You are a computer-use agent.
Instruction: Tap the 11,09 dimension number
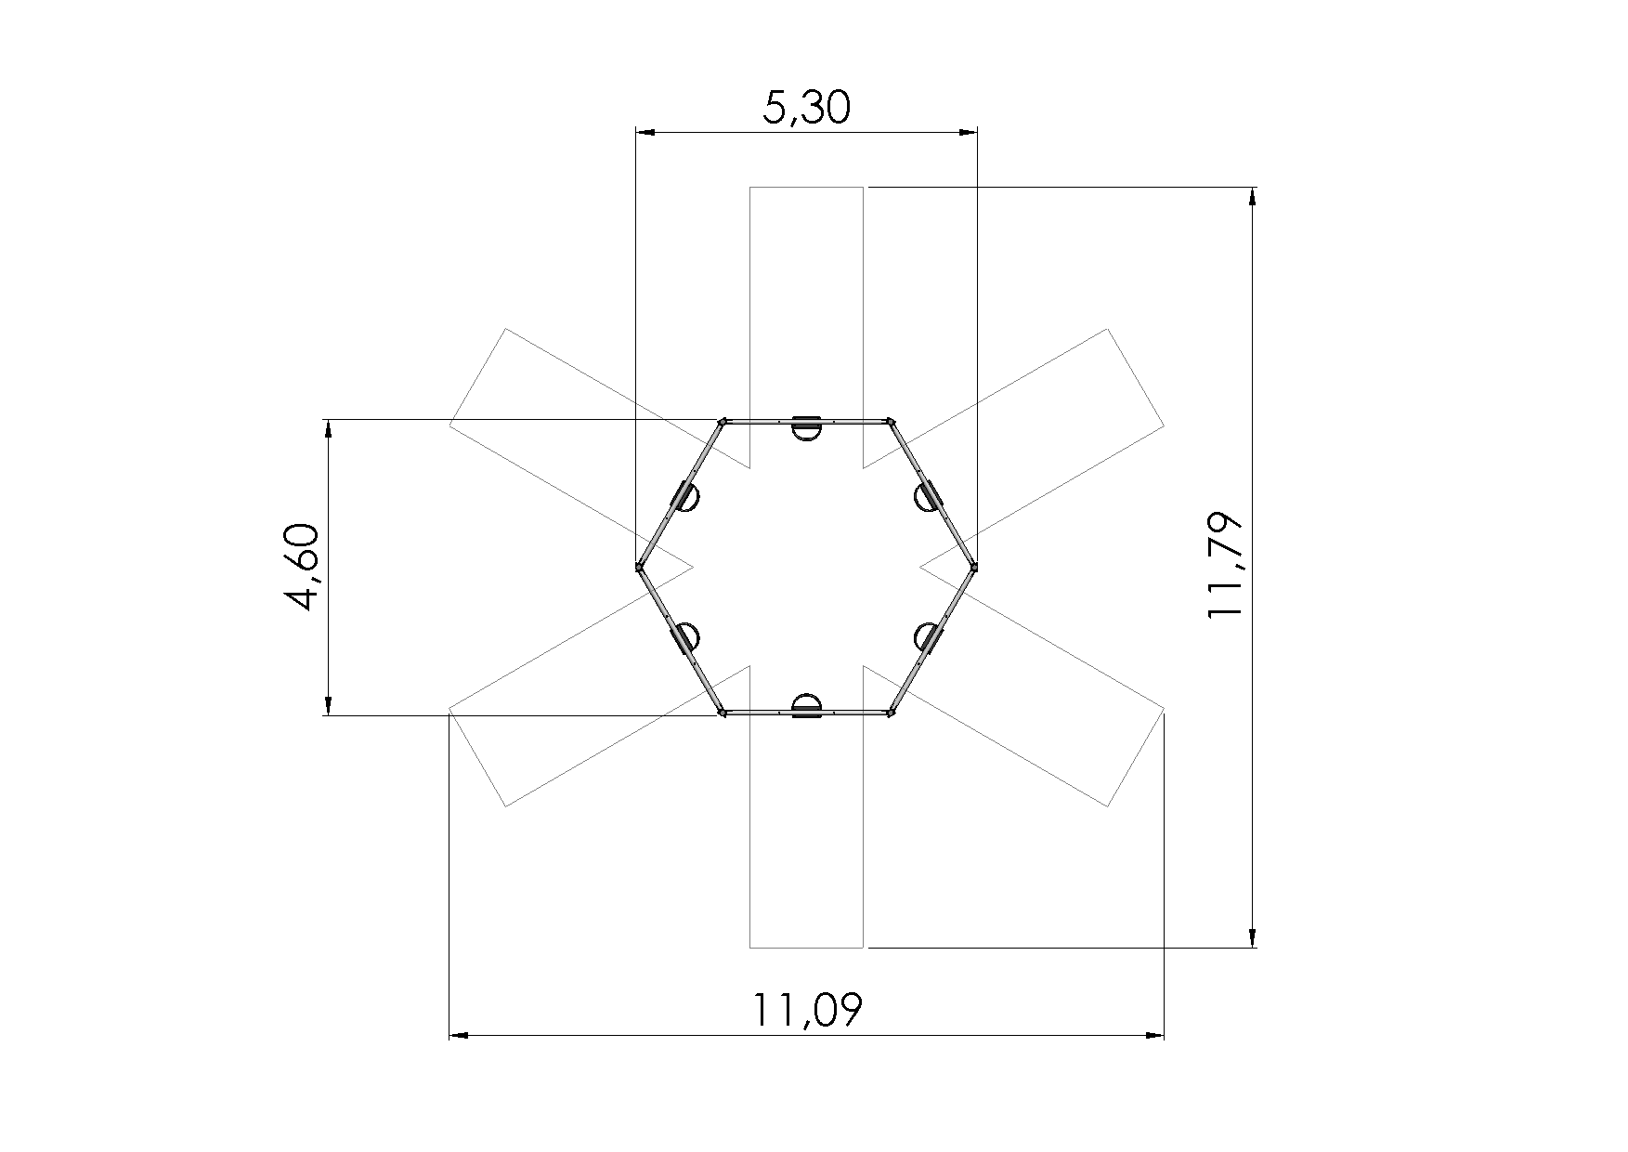click(806, 1010)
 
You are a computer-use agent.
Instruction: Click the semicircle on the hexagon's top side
click(806, 429)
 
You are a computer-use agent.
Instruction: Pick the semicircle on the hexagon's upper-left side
click(687, 499)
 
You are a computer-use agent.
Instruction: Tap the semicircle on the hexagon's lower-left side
click(686, 637)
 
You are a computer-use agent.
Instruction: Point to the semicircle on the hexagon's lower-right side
click(926, 637)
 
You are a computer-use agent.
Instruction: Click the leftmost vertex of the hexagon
click(639, 566)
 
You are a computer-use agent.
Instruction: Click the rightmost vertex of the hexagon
click(974, 566)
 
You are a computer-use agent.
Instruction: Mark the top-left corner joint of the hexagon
click(722, 421)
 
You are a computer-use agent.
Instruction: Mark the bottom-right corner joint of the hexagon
click(891, 713)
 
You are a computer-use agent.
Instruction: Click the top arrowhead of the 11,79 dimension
click(1253, 195)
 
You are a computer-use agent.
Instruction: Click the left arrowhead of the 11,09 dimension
click(457, 1034)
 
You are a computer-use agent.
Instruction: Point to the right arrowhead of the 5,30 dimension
click(970, 133)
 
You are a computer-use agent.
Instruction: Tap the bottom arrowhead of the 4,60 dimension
click(328, 708)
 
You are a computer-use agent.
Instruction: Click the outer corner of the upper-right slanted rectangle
click(1107, 329)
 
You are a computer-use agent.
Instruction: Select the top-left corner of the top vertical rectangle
click(749, 188)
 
